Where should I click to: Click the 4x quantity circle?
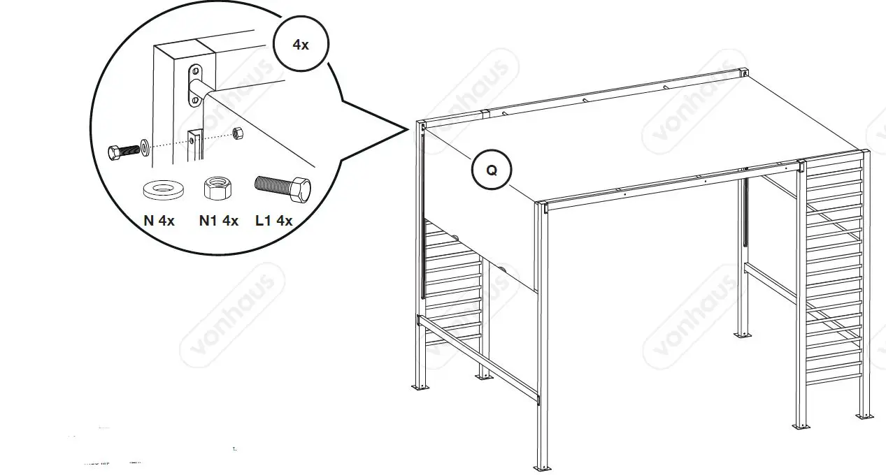point(300,44)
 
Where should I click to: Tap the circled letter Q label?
point(491,170)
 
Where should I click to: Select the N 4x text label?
point(159,221)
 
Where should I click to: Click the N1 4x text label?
point(218,221)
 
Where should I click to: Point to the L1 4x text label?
point(273,221)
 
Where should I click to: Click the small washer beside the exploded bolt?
point(145,146)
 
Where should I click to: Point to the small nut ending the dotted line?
point(238,133)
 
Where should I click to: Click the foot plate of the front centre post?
point(541,467)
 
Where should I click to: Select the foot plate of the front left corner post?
point(421,386)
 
